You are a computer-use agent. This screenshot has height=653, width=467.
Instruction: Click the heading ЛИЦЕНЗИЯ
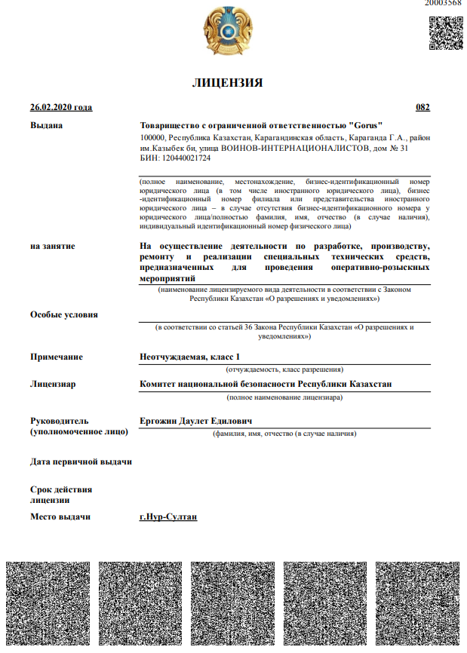pyautogui.click(x=227, y=83)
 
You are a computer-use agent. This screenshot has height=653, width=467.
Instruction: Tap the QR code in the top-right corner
pyautogui.click(x=445, y=32)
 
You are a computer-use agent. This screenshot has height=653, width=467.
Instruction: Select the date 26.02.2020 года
pyautogui.click(x=60, y=108)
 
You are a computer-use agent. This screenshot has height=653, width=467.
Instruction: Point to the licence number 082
pyautogui.click(x=423, y=108)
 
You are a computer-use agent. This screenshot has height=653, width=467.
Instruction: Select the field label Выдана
pyautogui.click(x=46, y=125)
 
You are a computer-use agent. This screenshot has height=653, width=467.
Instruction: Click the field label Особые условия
pyautogui.click(x=63, y=314)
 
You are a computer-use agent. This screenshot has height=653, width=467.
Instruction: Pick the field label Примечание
pyautogui.click(x=57, y=357)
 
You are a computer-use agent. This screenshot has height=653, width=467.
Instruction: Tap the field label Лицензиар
pyautogui.click(x=53, y=385)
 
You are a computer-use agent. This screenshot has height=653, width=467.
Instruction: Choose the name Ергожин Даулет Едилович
pyautogui.click(x=195, y=421)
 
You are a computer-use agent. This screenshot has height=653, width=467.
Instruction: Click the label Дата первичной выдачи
pyautogui.click(x=81, y=461)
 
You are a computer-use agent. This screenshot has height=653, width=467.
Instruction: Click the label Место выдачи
pyautogui.click(x=60, y=517)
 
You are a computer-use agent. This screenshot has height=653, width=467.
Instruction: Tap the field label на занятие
pyautogui.click(x=53, y=246)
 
